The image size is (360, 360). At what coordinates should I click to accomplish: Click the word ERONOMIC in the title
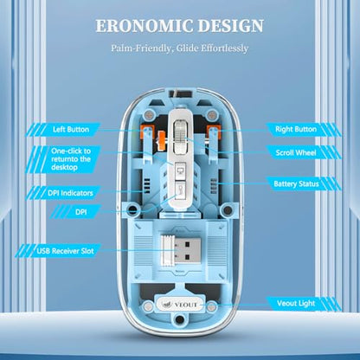point(145,26)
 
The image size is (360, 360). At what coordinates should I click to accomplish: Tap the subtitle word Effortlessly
point(224,48)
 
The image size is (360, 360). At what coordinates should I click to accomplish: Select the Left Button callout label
point(71,130)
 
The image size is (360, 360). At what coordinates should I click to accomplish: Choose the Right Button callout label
point(296,129)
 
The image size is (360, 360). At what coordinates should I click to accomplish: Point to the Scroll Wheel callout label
point(296,152)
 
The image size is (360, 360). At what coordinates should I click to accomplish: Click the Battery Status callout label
point(296,183)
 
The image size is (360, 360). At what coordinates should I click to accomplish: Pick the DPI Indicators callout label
point(70,193)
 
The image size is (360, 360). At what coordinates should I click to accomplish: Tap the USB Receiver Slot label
point(65,251)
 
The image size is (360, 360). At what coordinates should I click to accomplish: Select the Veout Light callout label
point(296,304)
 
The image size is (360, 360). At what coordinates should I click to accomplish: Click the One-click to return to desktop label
point(71,159)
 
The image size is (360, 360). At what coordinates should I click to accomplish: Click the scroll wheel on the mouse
point(181,132)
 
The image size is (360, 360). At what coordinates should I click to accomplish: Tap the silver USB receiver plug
point(181,249)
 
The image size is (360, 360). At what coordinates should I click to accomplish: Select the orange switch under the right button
point(214,132)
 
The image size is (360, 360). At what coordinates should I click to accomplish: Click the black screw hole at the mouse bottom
point(180,319)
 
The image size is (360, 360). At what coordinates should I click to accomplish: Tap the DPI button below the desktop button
point(181,190)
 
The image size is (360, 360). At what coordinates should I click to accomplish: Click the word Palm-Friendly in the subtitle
point(141,48)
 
